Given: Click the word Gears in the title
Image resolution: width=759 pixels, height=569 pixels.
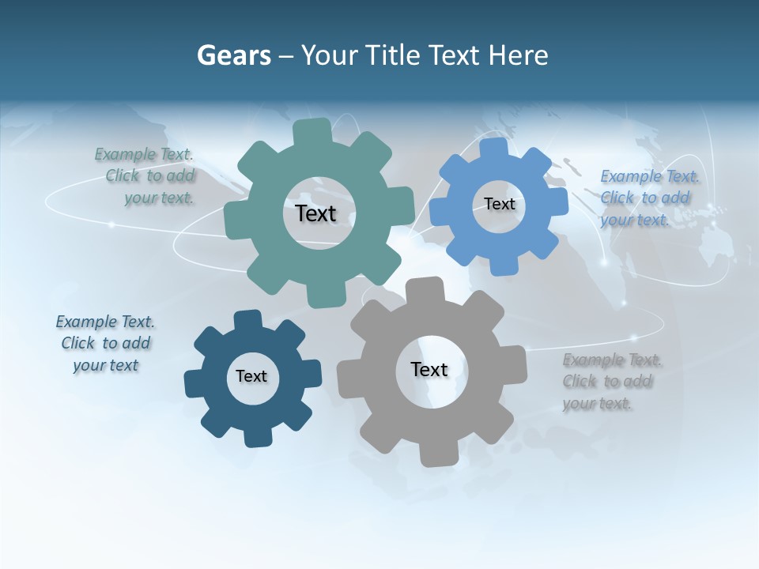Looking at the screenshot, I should (233, 55).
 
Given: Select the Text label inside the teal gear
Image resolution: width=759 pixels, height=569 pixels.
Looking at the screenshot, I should (315, 213).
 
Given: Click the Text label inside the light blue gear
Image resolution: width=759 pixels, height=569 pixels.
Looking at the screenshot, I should (499, 204).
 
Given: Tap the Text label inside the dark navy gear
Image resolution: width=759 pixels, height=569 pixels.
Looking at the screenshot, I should (251, 376).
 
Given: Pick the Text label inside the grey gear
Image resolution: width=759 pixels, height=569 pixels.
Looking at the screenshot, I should (429, 369).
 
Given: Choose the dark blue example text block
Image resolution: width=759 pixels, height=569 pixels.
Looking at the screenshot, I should (106, 343).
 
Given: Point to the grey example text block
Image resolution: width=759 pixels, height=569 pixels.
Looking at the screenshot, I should (610, 382).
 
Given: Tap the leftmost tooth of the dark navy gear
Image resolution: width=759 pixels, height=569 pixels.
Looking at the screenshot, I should (194, 383).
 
